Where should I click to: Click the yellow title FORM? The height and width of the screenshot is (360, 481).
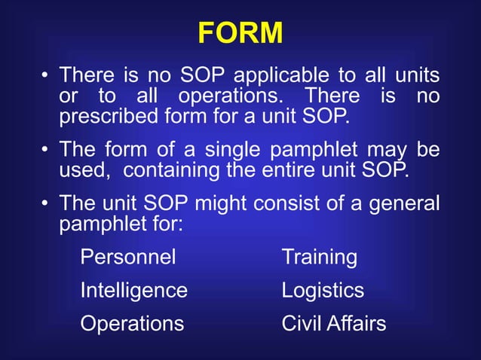240,33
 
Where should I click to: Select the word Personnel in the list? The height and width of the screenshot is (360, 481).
128,258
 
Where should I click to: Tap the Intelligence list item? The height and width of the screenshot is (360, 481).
134,291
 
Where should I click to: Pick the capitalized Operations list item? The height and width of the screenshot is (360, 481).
132,323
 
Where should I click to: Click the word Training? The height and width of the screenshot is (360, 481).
320,258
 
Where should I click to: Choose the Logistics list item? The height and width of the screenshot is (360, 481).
323,291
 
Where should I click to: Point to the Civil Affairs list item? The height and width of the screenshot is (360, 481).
334,323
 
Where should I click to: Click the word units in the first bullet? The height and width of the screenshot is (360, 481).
421,76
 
